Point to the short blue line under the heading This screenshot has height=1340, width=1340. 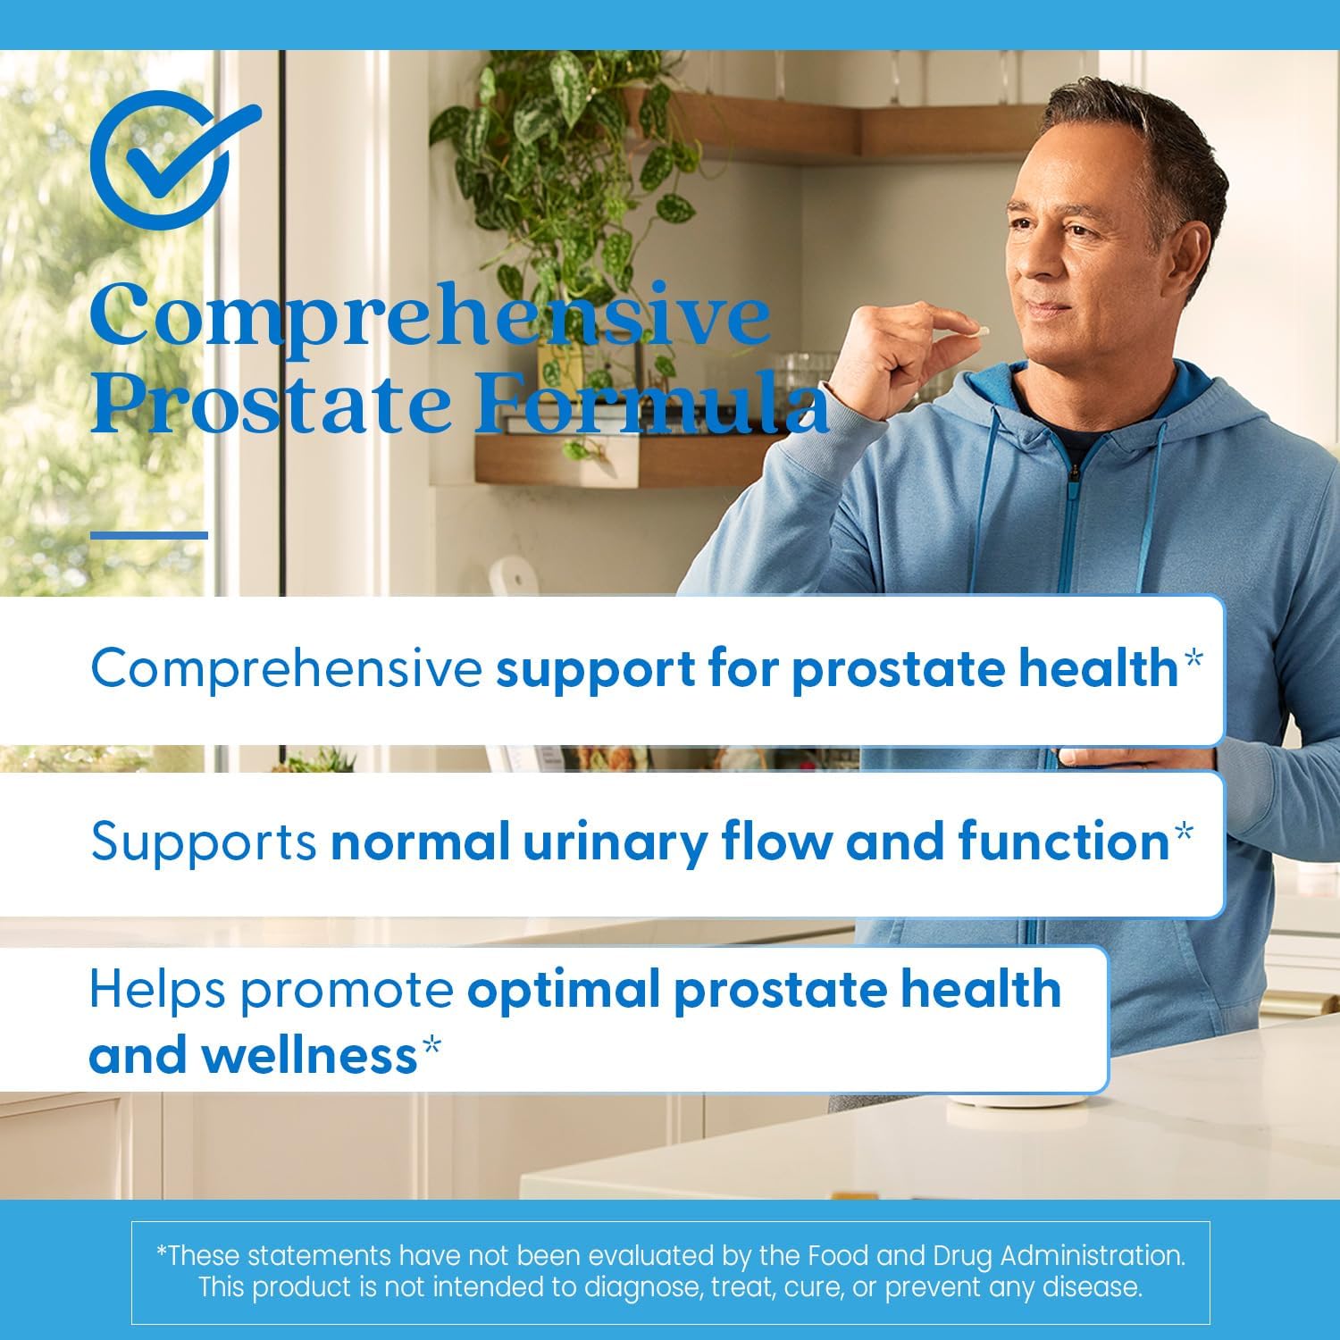click(149, 535)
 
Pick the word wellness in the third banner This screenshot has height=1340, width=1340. click(308, 1055)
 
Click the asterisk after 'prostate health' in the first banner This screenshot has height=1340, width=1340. click(1192, 661)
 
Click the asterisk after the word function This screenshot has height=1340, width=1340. click(1183, 834)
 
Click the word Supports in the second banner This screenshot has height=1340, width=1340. click(204, 842)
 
